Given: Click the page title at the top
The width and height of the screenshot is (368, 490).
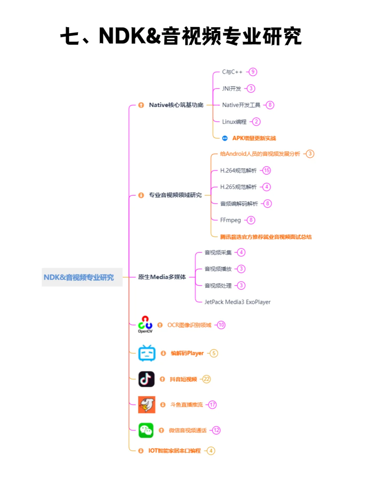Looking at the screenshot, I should (x=181, y=36).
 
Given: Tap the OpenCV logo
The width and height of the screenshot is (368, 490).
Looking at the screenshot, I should (x=145, y=324).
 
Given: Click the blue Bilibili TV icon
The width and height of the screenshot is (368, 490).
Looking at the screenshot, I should (x=147, y=353).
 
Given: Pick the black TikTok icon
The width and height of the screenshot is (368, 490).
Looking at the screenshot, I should (x=147, y=379).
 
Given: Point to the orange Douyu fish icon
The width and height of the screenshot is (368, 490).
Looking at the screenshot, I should (x=147, y=405).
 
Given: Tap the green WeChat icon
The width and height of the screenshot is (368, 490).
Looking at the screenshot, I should (x=146, y=430).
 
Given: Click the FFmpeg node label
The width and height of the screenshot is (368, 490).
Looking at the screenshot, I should (x=230, y=220).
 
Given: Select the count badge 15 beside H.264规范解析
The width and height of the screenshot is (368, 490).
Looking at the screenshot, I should (x=266, y=170).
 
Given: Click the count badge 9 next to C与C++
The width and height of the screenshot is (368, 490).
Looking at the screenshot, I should (x=252, y=72).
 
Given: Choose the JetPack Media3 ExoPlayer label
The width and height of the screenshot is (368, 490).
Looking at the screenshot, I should (x=237, y=302).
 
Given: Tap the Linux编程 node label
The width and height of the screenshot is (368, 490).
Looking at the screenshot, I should (x=234, y=122).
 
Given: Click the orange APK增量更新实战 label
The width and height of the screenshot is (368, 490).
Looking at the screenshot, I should (x=254, y=138).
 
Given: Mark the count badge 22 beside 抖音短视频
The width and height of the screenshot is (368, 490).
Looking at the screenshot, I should (x=206, y=379).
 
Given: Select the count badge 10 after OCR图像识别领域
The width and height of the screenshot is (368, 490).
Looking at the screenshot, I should (x=221, y=325).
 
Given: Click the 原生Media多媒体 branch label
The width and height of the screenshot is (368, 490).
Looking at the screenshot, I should (x=162, y=277).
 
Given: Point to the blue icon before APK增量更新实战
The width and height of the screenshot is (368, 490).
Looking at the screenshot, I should (x=225, y=138).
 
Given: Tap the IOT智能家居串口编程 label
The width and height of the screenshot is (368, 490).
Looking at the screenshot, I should (x=174, y=451).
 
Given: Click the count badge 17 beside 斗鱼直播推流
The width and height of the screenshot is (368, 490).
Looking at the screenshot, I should (x=212, y=405).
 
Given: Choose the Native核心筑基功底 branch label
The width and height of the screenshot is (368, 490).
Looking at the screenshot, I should (x=176, y=105).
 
